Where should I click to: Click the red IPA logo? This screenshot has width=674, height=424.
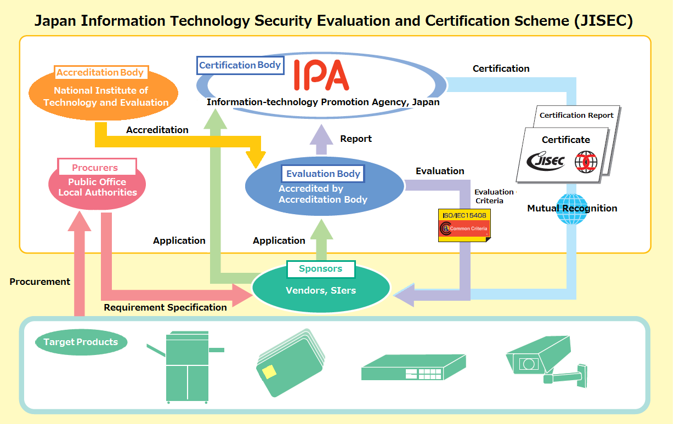coord(321,75)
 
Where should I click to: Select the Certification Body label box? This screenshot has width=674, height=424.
coord(240,65)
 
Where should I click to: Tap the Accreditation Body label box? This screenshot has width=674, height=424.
coord(101,72)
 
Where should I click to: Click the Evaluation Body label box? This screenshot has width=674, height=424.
coord(323,174)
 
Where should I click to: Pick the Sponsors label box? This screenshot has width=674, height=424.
coord(321,268)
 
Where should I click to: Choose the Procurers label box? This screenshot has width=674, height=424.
coord(97,167)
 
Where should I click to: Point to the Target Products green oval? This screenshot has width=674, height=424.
coord(81,342)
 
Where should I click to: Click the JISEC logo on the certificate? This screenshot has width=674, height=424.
coord(546,161)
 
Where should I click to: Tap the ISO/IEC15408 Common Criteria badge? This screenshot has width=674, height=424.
coord(465,225)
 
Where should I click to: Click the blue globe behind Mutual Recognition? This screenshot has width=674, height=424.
coord(571,209)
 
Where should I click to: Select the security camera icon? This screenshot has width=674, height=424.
coord(547,361)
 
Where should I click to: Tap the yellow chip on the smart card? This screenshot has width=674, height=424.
coord(269,372)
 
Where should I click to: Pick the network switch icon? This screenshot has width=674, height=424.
coord(414,367)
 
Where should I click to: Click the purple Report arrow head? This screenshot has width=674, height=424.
coord(321,134)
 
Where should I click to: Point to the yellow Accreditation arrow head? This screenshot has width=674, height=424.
coord(256,159)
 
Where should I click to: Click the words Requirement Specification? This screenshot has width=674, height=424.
coord(165,307)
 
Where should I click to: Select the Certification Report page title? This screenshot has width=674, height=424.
coord(576,116)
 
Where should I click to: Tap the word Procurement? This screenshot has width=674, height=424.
coord(39,282)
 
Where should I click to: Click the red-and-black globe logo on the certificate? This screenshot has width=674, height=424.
coord(586,162)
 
